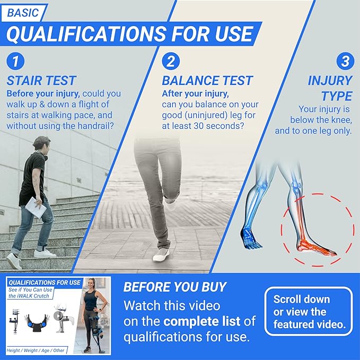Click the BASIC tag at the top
coord(24,13)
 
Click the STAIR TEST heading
coord(41,81)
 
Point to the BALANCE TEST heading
coord(207,81)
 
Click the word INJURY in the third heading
coord(330,81)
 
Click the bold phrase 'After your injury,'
coord(195,94)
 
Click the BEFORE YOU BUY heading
coord(175,287)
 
